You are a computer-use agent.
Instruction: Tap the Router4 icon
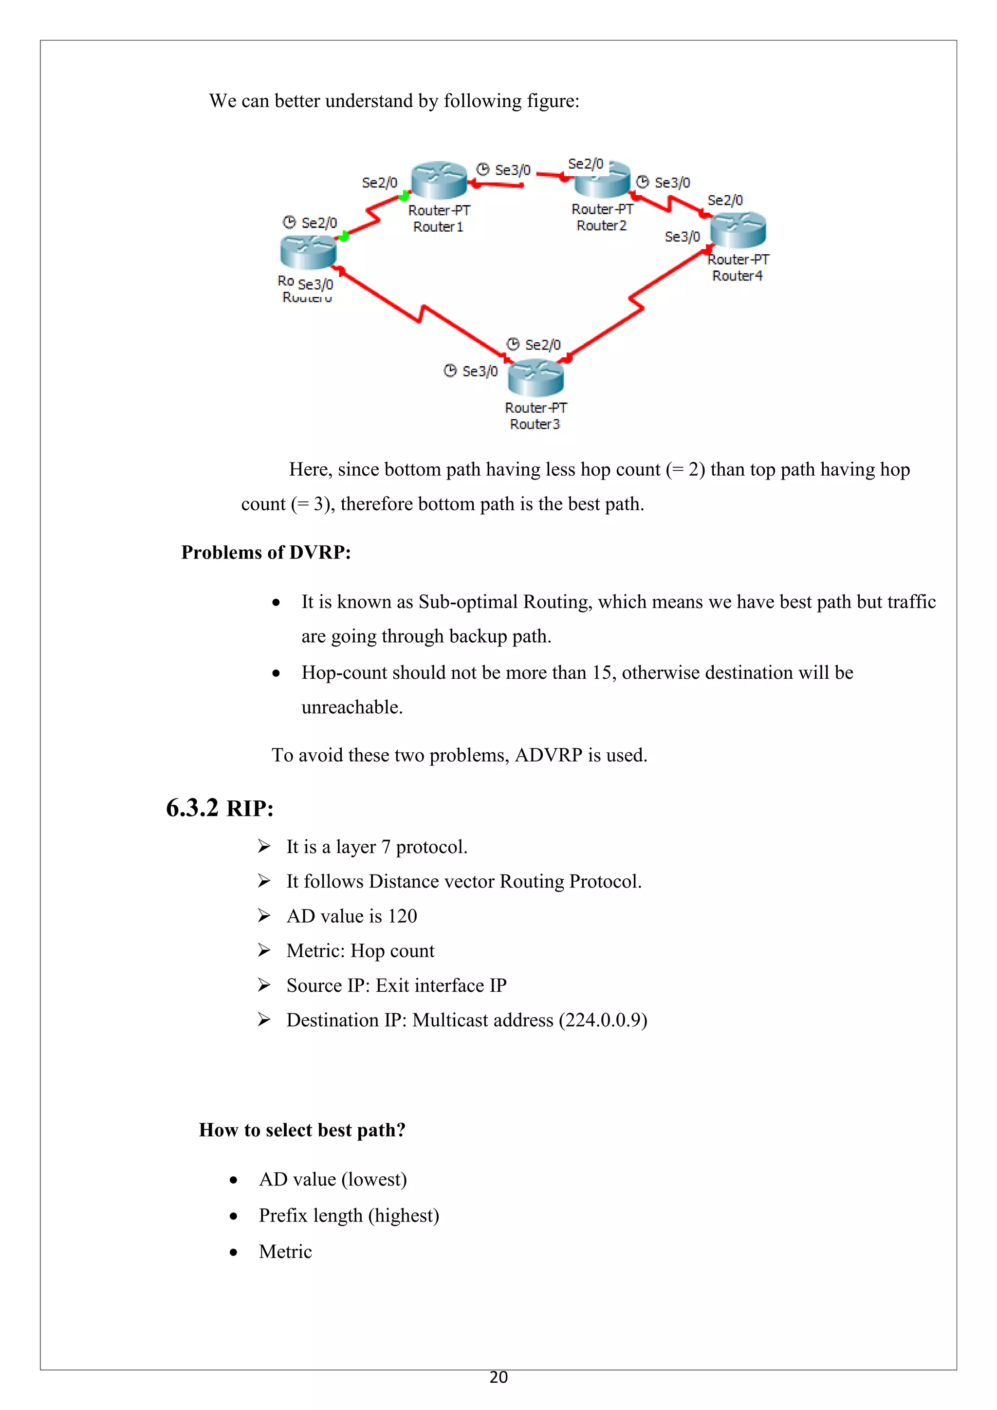point(738,230)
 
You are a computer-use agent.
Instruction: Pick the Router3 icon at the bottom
point(535,378)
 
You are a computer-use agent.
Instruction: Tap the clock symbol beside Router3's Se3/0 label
point(450,371)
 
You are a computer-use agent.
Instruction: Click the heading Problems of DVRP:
point(266,553)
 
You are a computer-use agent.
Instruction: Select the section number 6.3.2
point(192,808)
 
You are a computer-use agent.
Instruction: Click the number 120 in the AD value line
point(402,916)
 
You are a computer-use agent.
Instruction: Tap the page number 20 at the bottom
point(498,1377)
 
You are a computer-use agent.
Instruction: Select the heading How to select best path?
point(302,1130)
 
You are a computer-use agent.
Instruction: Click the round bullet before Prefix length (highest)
point(233,1216)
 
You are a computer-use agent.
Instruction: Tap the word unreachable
point(351,707)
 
